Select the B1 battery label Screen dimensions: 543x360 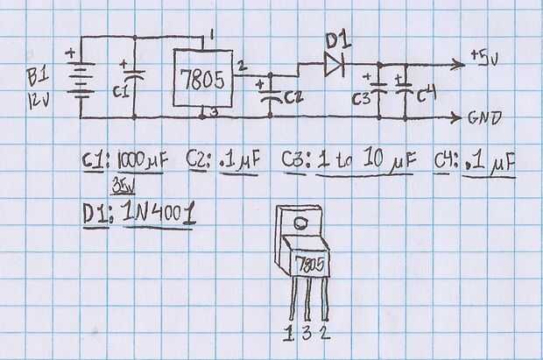coord(38,76)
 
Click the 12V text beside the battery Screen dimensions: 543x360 coord(39,102)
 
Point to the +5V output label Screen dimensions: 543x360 coord(484,58)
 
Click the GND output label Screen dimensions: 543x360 coord(485,117)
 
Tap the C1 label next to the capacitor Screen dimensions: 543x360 coord(121,91)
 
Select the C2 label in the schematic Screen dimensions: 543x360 coord(293,97)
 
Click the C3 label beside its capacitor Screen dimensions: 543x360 coord(361,99)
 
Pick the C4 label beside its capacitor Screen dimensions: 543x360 coord(426,95)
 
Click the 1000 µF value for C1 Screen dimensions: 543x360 coord(143,161)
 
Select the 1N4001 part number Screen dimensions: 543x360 coord(159,212)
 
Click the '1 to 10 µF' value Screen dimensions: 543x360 coord(366,159)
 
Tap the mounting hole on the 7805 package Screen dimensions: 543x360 coord(300,223)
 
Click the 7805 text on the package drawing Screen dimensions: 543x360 coord(311,265)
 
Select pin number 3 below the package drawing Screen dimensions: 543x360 coord(307,333)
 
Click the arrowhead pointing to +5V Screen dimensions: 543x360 coord(458,65)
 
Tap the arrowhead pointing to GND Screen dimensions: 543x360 coord(455,117)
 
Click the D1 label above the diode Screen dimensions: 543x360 coord(338,40)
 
